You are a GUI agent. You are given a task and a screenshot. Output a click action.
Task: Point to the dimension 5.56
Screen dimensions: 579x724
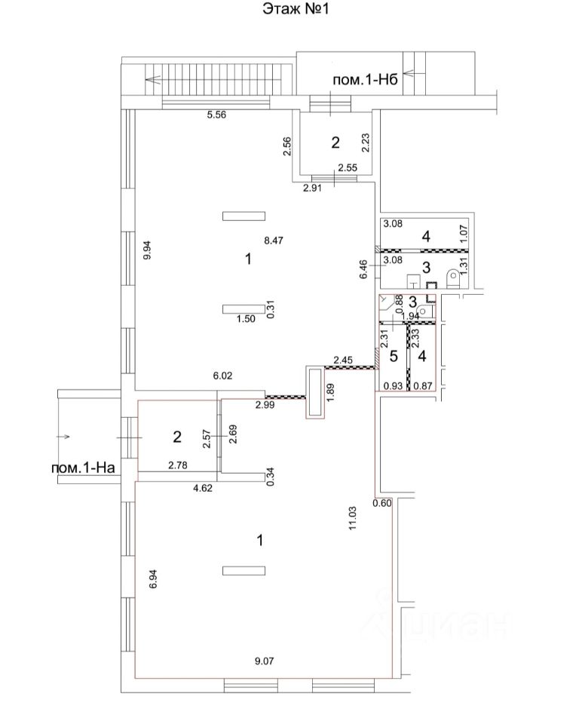coord(218,115)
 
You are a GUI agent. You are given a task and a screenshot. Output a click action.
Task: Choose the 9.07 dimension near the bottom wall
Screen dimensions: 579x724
coord(263,661)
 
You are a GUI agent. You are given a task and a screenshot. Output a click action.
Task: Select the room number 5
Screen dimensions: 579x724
coord(393,354)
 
